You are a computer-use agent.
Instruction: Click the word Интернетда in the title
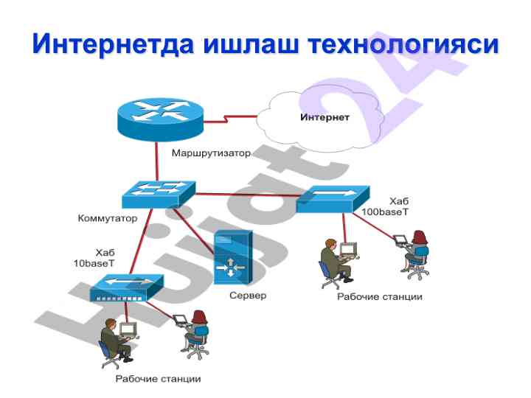[x=115, y=44]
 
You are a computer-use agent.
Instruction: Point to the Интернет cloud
[x=324, y=118]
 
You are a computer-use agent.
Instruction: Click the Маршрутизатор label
[x=211, y=154]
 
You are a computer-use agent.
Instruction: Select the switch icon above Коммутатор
[x=159, y=192]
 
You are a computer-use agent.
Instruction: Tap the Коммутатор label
[x=108, y=219]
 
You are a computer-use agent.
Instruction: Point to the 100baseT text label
[x=384, y=212]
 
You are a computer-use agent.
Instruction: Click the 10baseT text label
[x=93, y=263]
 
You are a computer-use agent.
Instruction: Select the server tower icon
[x=232, y=257]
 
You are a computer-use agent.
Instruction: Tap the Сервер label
[x=247, y=296]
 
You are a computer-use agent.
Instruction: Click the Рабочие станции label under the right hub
[x=380, y=297]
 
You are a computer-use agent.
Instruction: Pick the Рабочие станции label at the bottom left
[x=158, y=379]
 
